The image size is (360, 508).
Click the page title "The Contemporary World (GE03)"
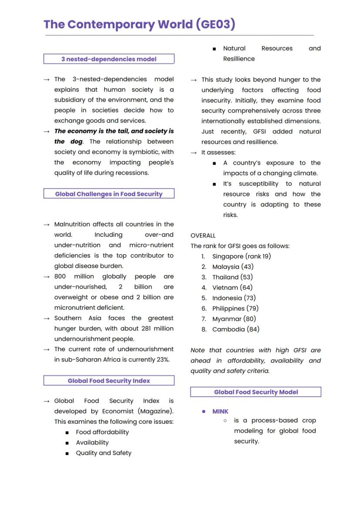click(x=139, y=24)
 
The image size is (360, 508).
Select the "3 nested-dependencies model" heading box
click(x=109, y=59)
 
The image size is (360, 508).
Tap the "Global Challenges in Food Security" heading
click(x=109, y=194)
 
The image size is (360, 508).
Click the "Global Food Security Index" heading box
click(x=109, y=381)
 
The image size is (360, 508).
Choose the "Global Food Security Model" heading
click(x=256, y=392)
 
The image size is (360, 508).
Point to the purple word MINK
click(x=220, y=411)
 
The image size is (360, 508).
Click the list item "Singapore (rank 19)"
click(x=241, y=256)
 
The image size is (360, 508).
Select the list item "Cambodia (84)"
click(x=236, y=329)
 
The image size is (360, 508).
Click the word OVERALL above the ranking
click(x=203, y=236)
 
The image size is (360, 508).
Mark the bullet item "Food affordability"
click(x=102, y=432)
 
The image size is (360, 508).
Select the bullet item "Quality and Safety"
click(x=103, y=453)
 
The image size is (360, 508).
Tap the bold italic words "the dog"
click(x=68, y=142)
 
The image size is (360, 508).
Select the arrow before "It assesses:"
click(x=194, y=153)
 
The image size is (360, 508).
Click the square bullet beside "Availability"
click(x=67, y=443)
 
